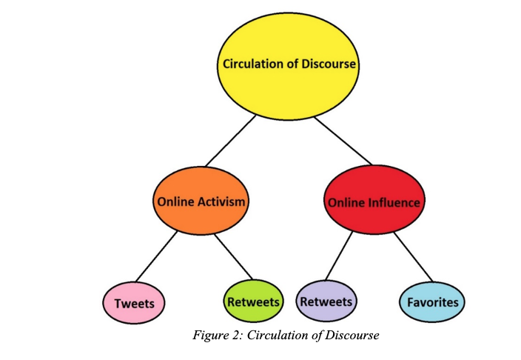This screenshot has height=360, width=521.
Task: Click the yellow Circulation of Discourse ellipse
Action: tap(289, 64)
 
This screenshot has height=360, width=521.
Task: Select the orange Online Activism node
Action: tap(201, 201)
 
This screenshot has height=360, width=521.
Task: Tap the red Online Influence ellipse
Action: tap(373, 201)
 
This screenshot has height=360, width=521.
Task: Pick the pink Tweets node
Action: tap(134, 302)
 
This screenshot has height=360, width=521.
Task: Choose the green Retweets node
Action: tap(253, 301)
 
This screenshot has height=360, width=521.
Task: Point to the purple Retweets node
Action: tap(326, 301)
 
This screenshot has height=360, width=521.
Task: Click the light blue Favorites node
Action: tap(433, 301)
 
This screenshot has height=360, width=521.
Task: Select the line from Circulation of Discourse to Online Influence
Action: tap(341, 141)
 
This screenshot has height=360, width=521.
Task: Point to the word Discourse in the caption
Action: tap(352, 336)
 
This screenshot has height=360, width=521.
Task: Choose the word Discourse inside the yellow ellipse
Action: tap(329, 64)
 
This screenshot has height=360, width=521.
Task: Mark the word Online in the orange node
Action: tap(173, 201)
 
